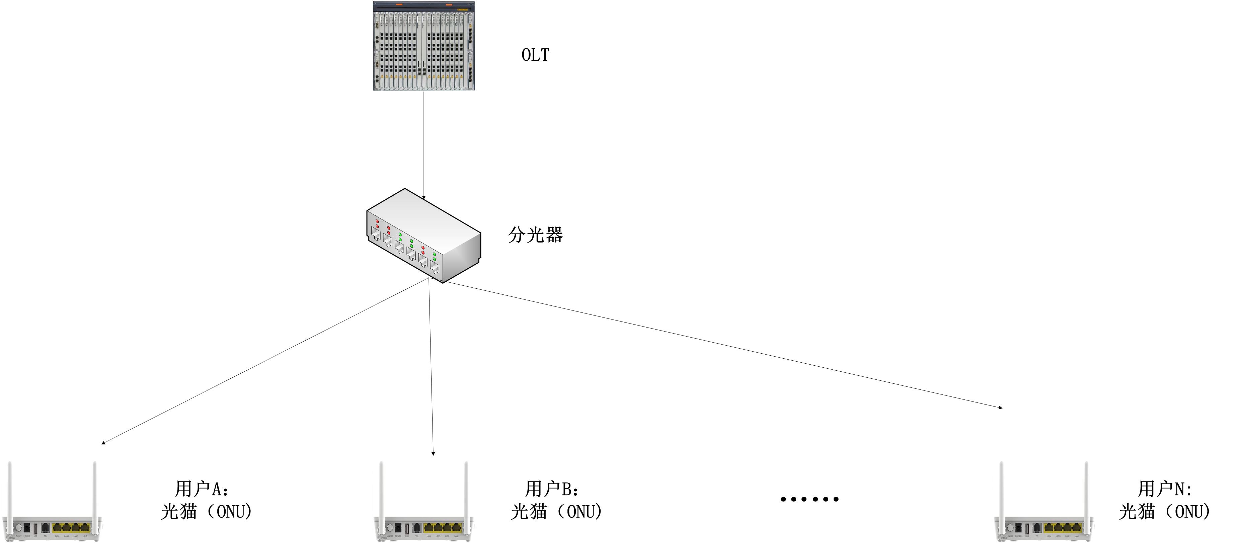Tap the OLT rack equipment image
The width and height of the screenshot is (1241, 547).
(423, 46)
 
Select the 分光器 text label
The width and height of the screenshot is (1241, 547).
(535, 235)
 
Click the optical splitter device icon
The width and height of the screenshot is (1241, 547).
(423, 236)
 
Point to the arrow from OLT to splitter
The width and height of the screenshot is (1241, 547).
(424, 145)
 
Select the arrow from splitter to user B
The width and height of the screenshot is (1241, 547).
(431, 366)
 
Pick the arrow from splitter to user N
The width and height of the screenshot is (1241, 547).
(723, 344)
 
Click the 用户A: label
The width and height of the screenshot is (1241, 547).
(202, 489)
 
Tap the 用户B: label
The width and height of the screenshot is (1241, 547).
(552, 489)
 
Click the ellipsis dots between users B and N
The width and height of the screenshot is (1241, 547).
(809, 499)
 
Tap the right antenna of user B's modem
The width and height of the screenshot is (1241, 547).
(466, 491)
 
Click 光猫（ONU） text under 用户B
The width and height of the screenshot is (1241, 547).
(556, 511)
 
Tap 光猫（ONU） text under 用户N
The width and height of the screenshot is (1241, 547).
(1164, 511)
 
